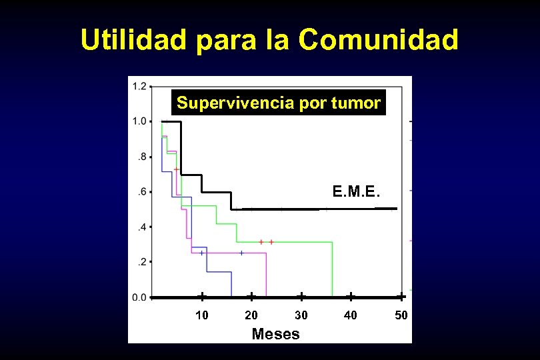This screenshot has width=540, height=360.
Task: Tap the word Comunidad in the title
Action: coord(379,40)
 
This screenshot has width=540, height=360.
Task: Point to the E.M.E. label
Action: coord(357,193)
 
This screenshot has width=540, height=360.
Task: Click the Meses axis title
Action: coord(275,334)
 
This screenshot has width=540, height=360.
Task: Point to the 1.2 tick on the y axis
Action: coord(139,86)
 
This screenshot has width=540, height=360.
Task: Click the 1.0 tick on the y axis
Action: coord(139,121)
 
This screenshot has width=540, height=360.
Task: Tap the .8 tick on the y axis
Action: coord(141,157)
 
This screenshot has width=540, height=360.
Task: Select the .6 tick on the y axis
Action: coord(141,192)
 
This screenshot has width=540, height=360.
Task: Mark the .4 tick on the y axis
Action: coord(141,227)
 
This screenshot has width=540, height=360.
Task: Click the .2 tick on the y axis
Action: coord(141,262)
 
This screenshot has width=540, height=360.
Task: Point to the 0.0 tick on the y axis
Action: coord(139,297)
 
